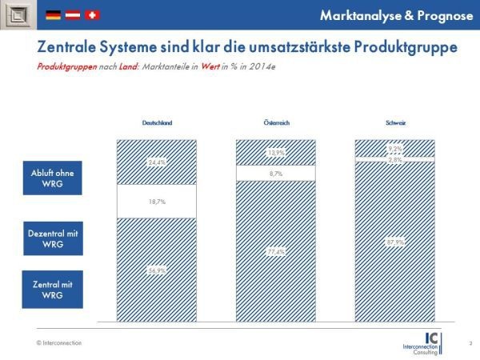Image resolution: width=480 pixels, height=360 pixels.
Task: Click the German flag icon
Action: tap(54, 14)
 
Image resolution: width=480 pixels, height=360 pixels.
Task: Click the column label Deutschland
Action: tap(157, 122)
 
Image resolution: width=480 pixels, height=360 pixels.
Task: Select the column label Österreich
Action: tap(276, 122)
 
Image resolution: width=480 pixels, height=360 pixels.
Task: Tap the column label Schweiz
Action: tap(394, 122)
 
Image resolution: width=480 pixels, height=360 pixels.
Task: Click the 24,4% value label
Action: tap(157, 162)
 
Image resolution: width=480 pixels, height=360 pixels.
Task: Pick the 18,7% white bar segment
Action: tap(157, 202)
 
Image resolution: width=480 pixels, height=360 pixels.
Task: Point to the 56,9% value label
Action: tap(157, 271)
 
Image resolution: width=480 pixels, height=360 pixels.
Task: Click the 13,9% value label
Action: tap(276, 152)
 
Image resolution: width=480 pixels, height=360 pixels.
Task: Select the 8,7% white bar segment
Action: tap(276, 173)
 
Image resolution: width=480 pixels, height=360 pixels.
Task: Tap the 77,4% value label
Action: tap(276, 252)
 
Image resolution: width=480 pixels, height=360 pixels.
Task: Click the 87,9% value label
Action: tap(394, 242)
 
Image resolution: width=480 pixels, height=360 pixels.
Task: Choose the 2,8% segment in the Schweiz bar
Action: tap(394, 160)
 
